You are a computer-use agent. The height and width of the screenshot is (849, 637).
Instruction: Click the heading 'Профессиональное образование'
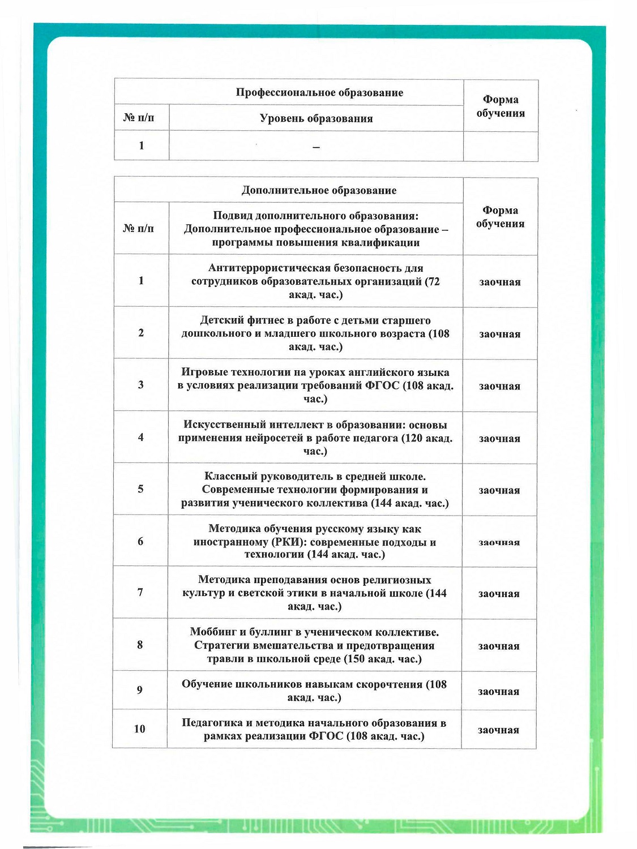319,93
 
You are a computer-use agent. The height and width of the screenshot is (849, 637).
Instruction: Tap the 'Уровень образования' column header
316,119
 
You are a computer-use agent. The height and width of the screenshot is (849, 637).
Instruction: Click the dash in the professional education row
316,148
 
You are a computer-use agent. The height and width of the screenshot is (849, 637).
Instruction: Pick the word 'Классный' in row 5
229,477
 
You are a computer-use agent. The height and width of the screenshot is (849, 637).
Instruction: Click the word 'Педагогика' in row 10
212,723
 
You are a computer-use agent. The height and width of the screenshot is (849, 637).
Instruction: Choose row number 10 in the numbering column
140,729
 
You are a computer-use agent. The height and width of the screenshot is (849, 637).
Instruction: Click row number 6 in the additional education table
140,542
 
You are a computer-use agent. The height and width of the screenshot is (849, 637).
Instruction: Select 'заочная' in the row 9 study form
499,692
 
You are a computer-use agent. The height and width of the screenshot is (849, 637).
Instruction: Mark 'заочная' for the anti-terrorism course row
500,282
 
